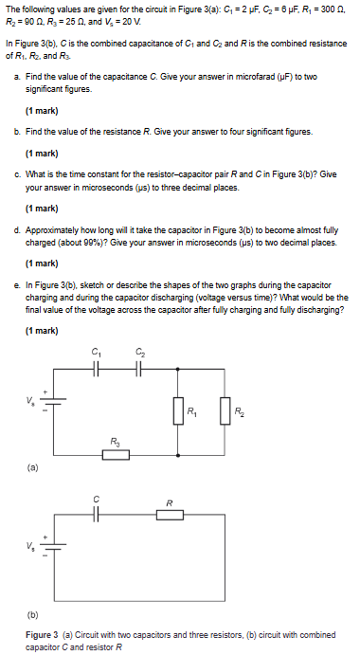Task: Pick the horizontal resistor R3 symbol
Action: pos(116,454)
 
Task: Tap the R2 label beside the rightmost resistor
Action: pos(240,411)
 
